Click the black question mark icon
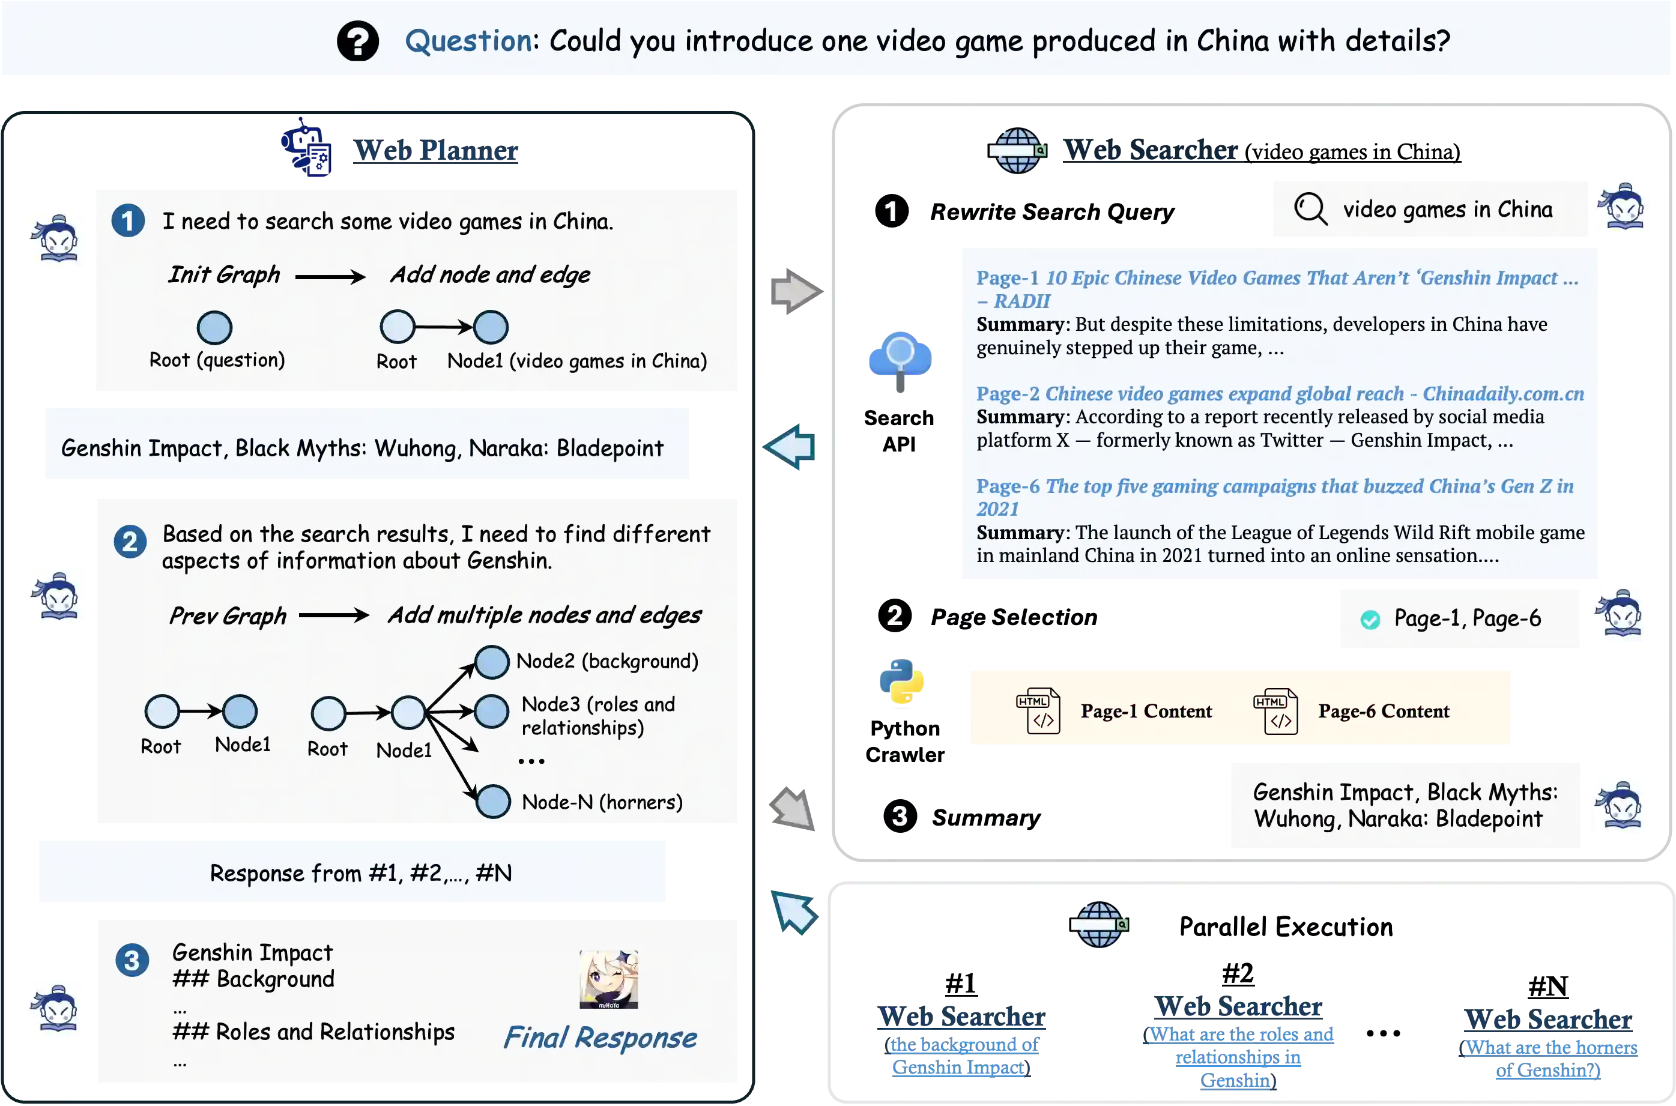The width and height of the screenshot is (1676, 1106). [x=358, y=41]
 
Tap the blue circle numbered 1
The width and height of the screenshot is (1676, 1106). [x=128, y=221]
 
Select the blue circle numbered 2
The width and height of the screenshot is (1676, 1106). [x=130, y=542]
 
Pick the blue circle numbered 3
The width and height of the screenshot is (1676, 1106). [x=132, y=960]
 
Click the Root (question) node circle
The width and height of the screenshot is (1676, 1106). [x=214, y=327]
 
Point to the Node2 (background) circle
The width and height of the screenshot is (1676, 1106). [x=492, y=662]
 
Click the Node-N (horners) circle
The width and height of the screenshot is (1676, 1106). [x=492, y=802]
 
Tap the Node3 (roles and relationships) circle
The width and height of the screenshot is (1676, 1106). [x=492, y=711]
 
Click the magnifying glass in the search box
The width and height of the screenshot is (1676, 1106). [x=1310, y=209]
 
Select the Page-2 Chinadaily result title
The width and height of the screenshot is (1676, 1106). [x=1280, y=394]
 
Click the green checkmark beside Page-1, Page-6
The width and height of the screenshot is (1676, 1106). [x=1370, y=619]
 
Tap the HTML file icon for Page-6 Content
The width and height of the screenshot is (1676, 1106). [x=1275, y=711]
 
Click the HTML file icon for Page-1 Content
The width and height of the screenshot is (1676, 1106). [x=1038, y=711]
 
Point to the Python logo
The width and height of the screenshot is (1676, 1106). [x=902, y=683]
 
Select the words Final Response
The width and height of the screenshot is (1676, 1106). [x=599, y=1038]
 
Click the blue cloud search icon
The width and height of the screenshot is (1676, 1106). [x=900, y=358]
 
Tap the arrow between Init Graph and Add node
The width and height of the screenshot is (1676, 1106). [x=330, y=276]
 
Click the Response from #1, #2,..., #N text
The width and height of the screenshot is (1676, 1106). [x=360, y=873]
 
